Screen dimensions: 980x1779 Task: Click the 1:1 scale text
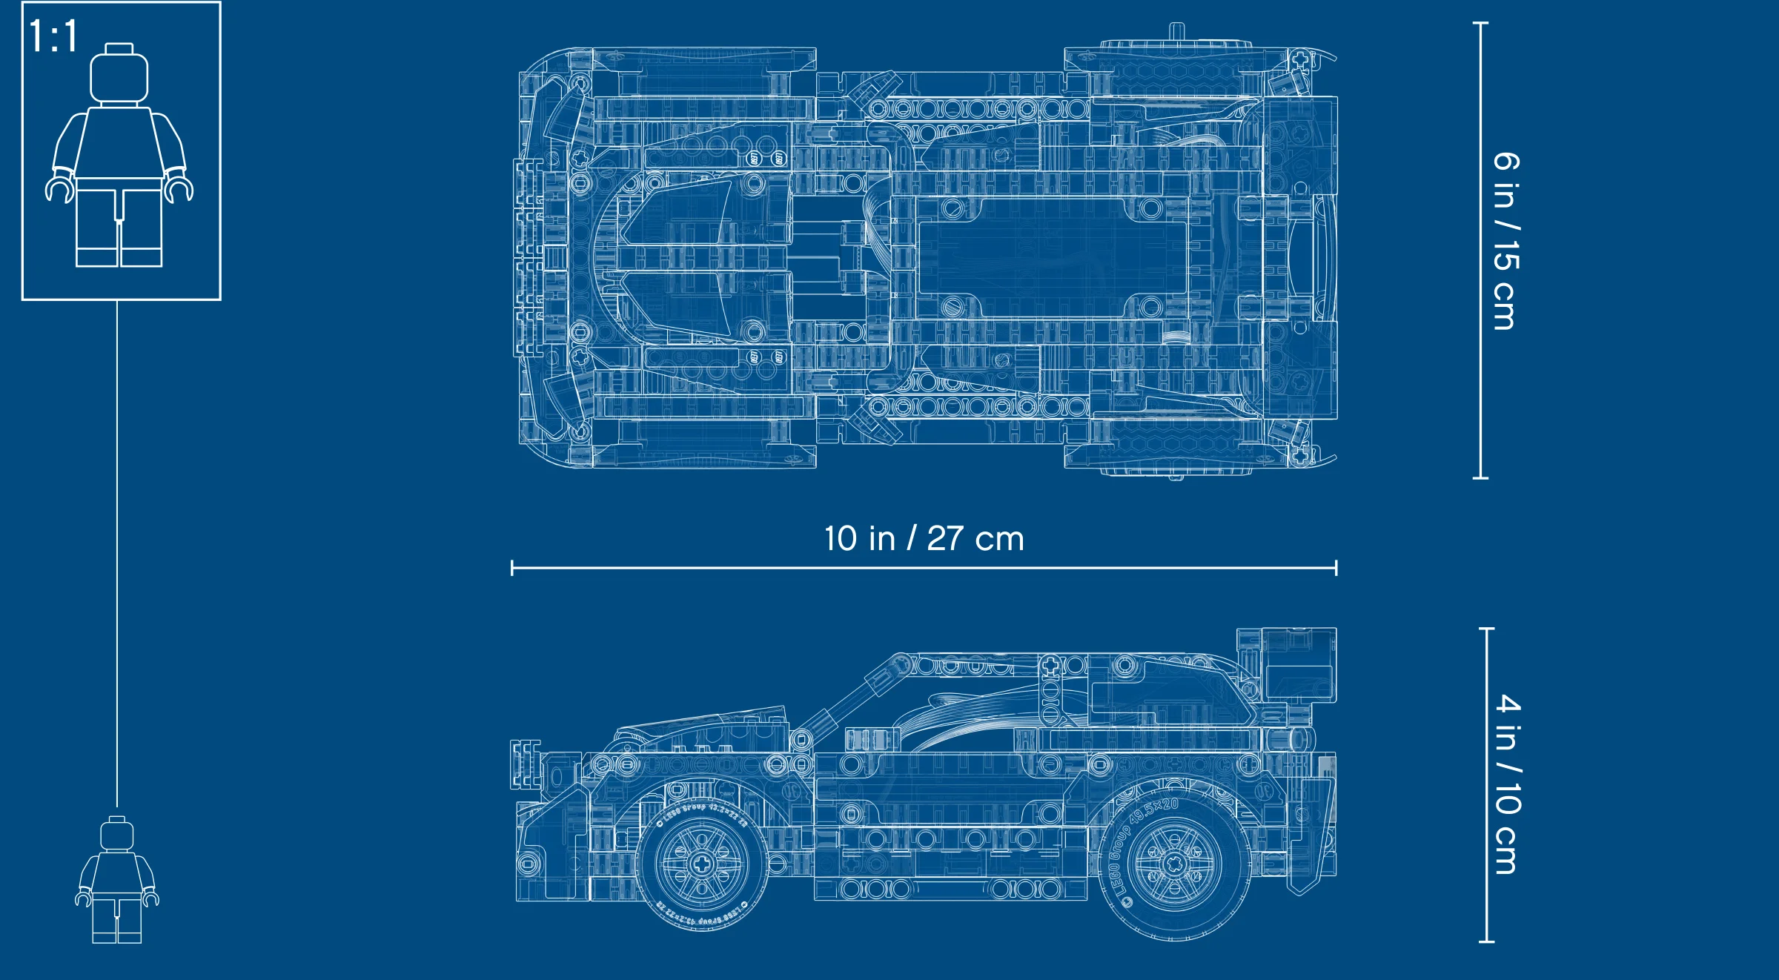point(53,36)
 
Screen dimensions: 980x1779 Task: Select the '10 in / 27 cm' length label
point(924,539)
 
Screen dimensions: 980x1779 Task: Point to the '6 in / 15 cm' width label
point(1506,241)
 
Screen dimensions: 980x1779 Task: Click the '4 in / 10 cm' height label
point(1508,784)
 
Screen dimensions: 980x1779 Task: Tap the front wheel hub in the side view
point(701,863)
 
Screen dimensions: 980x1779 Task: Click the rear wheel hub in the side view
point(1174,864)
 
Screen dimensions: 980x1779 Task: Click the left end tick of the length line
point(512,569)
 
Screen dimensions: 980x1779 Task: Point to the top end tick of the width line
point(1480,23)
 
